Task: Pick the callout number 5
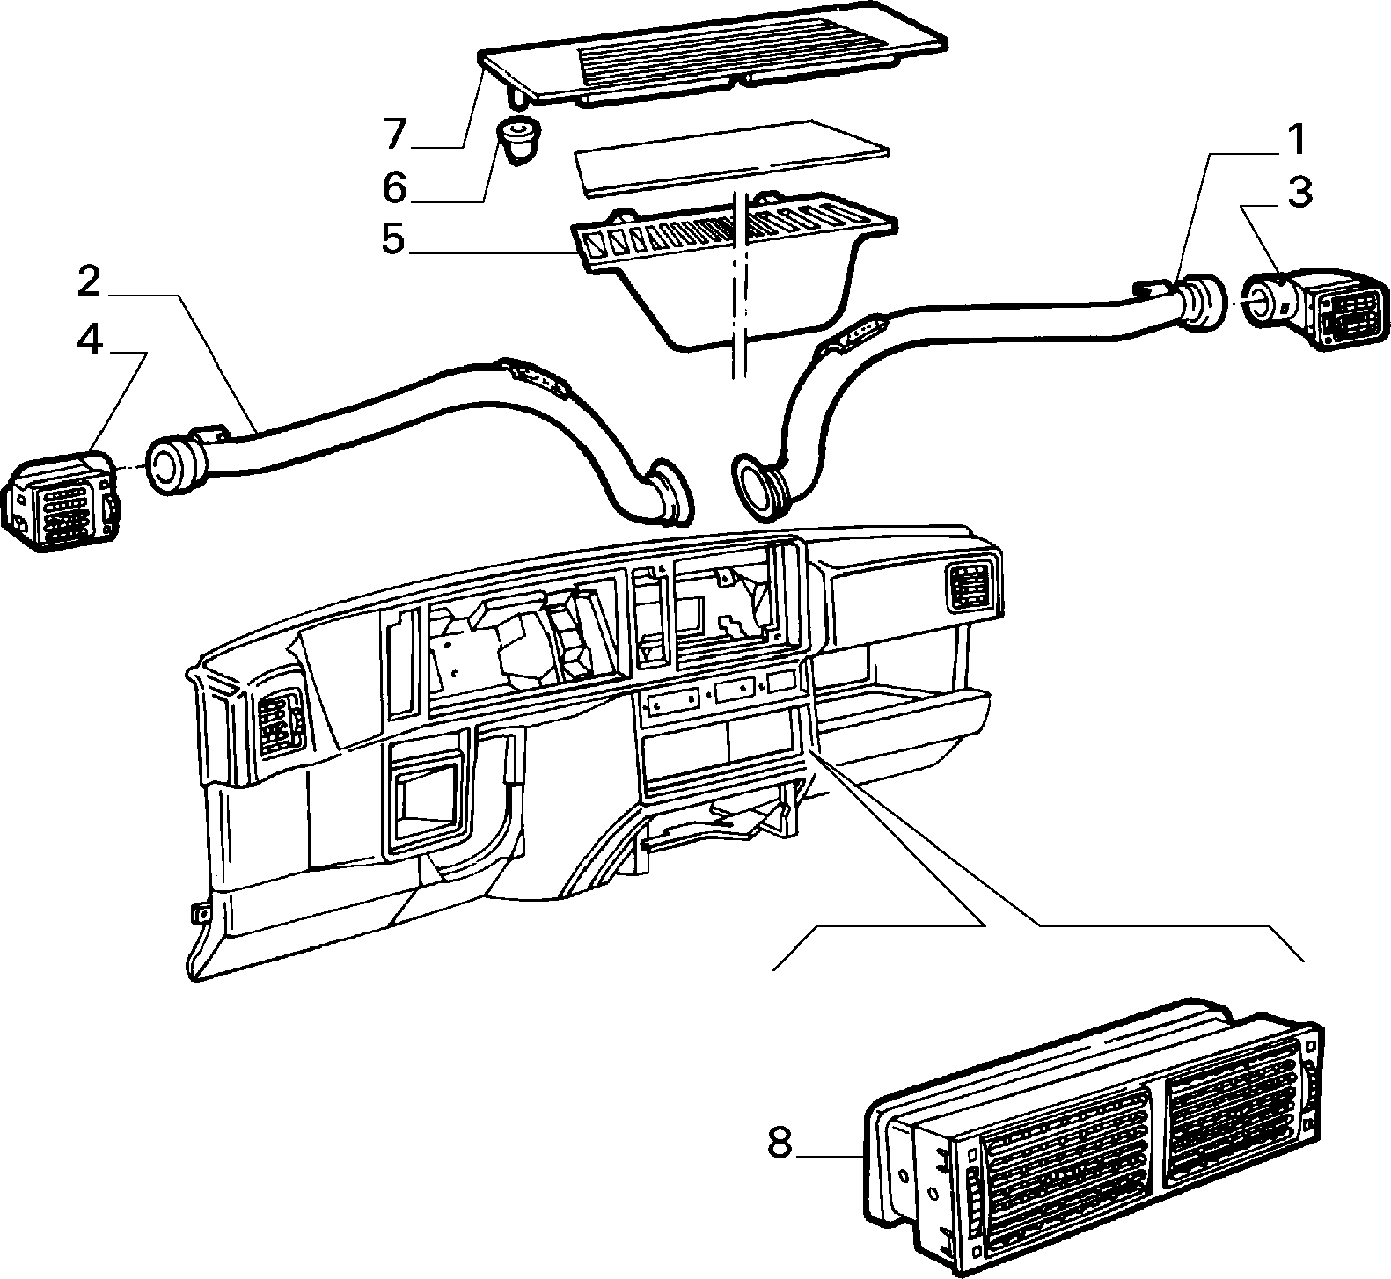click(393, 239)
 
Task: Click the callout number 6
click(394, 186)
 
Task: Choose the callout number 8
click(780, 1144)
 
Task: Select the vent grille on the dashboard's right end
click(972, 587)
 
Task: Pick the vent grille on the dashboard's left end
click(280, 718)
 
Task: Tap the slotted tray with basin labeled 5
click(735, 268)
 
